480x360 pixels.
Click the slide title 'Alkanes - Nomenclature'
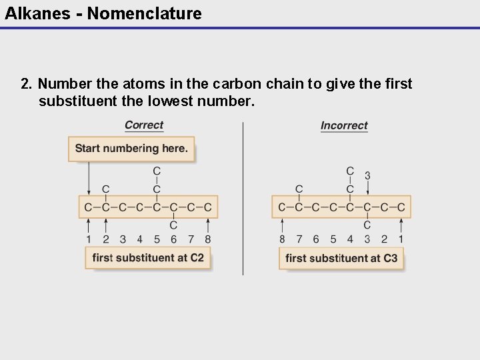click(x=103, y=13)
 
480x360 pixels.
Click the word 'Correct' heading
click(x=144, y=125)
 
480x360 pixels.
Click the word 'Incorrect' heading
click(x=344, y=125)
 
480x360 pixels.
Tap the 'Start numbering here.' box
click(x=131, y=149)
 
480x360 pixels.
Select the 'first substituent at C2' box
click(x=148, y=258)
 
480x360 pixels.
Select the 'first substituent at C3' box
click(x=341, y=258)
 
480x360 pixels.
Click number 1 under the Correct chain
click(x=89, y=239)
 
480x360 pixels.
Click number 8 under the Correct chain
click(x=208, y=239)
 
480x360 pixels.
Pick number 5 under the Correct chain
click(x=157, y=239)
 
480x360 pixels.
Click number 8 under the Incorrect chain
click(x=282, y=239)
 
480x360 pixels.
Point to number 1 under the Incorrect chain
click(x=401, y=239)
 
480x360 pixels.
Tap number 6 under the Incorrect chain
click(x=316, y=239)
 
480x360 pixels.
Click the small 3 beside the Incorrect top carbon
click(x=367, y=175)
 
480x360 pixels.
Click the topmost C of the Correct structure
click(x=157, y=172)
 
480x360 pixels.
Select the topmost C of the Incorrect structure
click(x=350, y=172)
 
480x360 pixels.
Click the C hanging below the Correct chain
click(x=173, y=225)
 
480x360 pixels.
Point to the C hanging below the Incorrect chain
click(x=367, y=225)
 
